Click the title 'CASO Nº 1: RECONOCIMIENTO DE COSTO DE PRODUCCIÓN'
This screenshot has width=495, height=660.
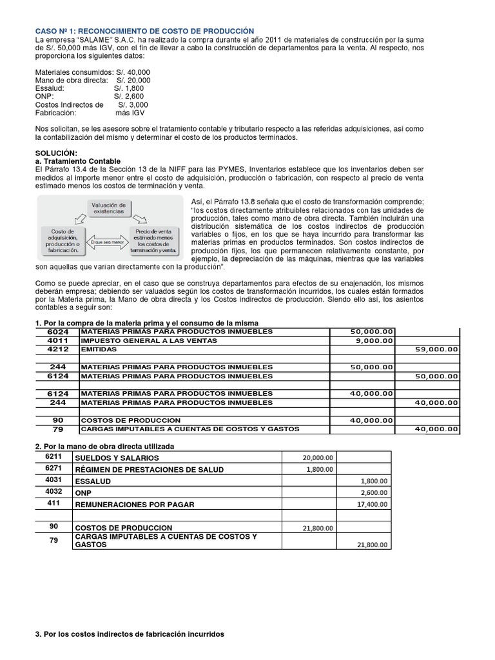144,31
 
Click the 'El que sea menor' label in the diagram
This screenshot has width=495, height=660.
108,237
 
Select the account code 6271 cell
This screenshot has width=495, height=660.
55,469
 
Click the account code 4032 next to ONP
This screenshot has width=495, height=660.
55,492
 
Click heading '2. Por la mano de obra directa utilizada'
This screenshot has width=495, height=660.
104,446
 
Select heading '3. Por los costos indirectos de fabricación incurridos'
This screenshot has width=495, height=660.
129,634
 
